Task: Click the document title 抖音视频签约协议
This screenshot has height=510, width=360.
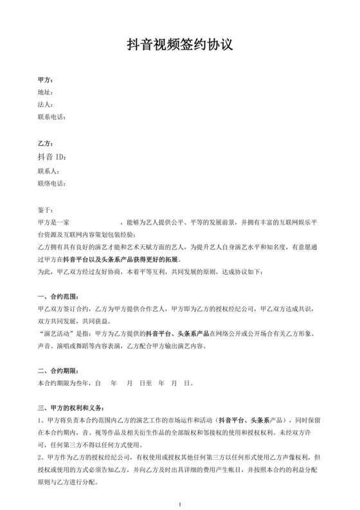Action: click(x=179, y=44)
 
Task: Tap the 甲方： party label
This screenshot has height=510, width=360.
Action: click(x=46, y=80)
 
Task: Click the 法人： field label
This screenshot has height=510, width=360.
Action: click(x=45, y=105)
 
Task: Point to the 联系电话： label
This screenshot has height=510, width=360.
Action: click(x=52, y=117)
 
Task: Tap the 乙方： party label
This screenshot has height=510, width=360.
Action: click(x=46, y=143)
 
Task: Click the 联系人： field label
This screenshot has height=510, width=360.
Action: click(x=49, y=171)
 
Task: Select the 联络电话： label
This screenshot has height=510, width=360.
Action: click(x=52, y=184)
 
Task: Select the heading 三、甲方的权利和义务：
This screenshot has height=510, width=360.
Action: click(x=70, y=407)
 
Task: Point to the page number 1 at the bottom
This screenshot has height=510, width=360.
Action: click(x=181, y=502)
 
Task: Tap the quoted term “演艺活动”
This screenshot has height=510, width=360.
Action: click(x=57, y=333)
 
